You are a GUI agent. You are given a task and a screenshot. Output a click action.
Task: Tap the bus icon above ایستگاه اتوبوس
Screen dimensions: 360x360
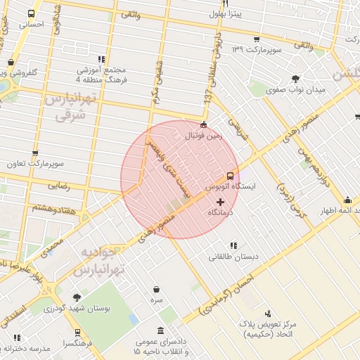[x=230, y=176]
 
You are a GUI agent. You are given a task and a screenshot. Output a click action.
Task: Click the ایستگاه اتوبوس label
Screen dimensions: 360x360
[x=231, y=188]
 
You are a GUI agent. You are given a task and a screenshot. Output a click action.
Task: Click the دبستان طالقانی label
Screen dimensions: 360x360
[x=233, y=257]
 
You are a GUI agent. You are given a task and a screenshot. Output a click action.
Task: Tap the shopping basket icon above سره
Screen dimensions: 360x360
[x=156, y=288]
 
